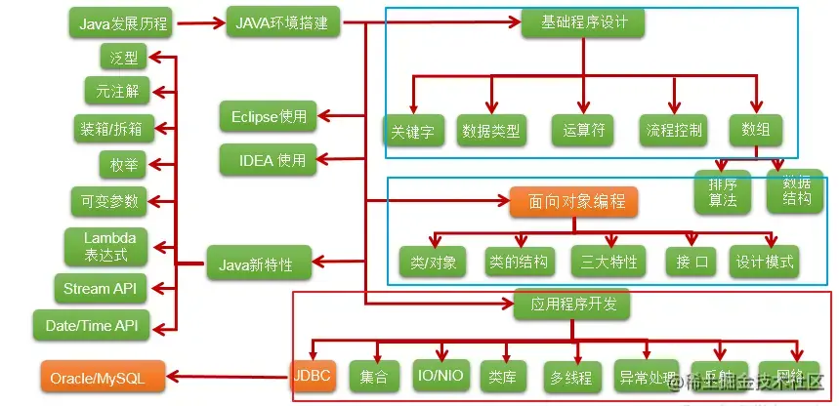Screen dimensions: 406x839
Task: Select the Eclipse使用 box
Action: tap(269, 117)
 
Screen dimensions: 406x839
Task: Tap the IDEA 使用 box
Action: tap(268, 158)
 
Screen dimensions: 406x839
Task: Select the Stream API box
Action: tap(101, 288)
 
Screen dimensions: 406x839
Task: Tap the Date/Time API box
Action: tap(93, 325)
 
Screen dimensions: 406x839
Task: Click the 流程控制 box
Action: tap(674, 130)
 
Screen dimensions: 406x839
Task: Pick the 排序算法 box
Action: tap(722, 191)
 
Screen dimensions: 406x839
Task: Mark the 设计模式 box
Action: tap(767, 261)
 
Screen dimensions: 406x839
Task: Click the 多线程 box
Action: tap(571, 377)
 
